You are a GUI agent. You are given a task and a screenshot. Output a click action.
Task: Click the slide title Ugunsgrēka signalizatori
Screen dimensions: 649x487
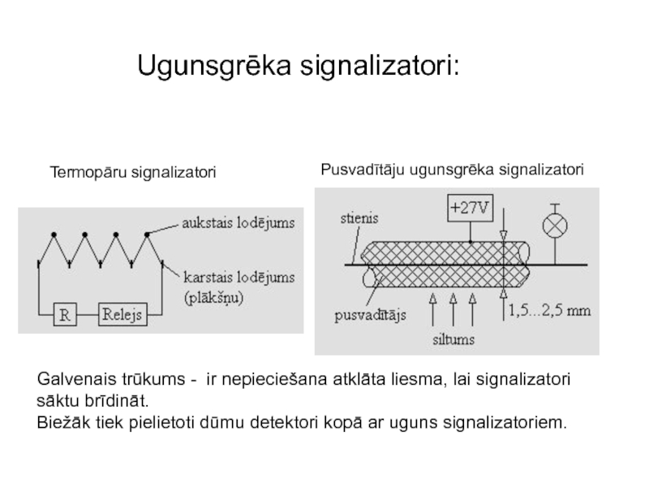point(297,66)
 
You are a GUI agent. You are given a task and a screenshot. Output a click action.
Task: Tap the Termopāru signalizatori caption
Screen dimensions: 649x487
point(132,173)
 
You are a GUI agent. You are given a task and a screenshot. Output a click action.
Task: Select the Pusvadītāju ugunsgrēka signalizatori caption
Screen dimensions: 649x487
point(452,169)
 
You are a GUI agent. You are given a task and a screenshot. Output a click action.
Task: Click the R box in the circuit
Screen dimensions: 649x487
point(66,314)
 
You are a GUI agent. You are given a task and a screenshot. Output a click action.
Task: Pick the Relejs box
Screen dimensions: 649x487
point(122,314)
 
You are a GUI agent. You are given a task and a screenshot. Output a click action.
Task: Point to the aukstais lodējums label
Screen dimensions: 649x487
point(238,221)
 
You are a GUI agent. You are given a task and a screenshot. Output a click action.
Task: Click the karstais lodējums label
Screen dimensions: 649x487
point(238,278)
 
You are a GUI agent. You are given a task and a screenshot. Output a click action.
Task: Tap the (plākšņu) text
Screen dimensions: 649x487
point(213,298)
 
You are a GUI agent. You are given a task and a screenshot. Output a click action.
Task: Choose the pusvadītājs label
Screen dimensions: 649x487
point(371,314)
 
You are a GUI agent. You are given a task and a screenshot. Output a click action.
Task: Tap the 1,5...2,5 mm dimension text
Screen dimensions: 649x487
point(549,310)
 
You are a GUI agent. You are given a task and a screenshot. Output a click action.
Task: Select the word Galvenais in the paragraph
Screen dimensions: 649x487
point(71,381)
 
